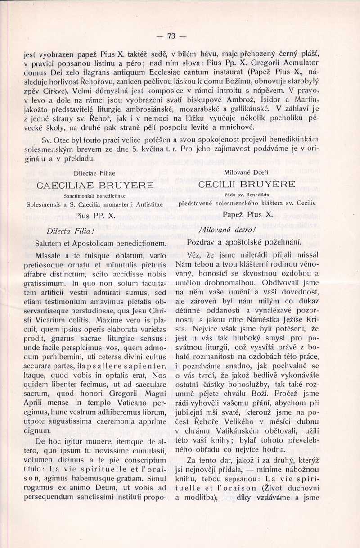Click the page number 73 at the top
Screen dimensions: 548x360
[171, 36]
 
